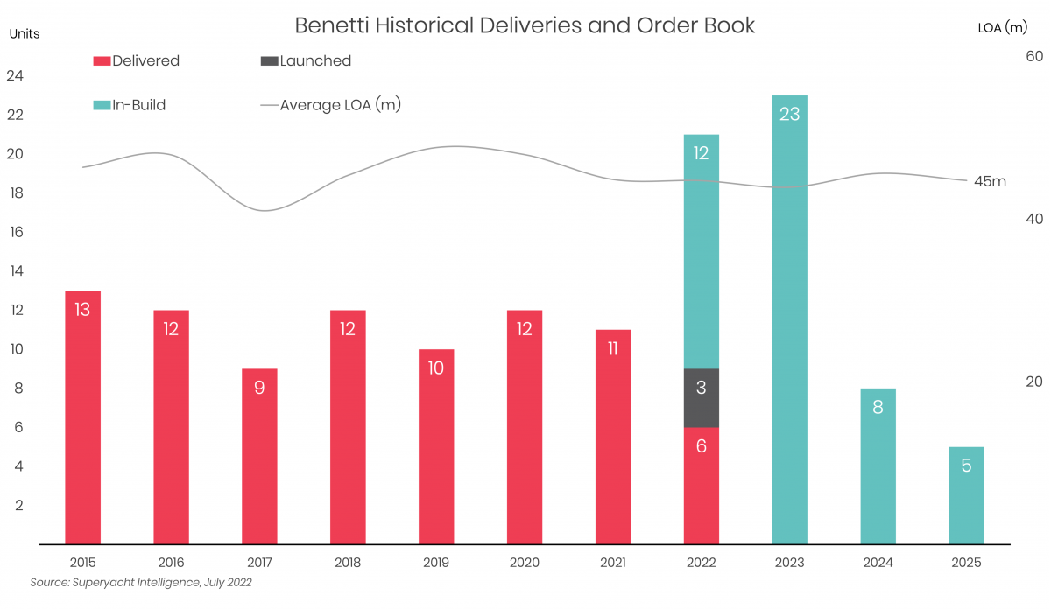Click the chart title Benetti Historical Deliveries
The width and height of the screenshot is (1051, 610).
[525, 25]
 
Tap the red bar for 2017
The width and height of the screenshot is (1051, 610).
[259, 456]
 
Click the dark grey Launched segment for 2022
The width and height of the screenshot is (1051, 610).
[701, 397]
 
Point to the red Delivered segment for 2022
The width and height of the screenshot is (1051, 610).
[701, 485]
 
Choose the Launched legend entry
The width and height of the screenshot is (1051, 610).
[306, 61]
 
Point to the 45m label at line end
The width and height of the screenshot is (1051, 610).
[990, 182]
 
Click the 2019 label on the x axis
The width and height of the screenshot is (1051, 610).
[436, 563]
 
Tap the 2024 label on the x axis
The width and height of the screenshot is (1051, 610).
[878, 563]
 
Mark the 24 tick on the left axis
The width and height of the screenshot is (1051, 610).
[15, 76]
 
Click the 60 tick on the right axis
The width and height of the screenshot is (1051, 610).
[1033, 56]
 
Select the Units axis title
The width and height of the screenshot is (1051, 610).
[25, 33]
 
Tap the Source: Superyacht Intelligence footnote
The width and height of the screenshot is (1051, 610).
[141, 582]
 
